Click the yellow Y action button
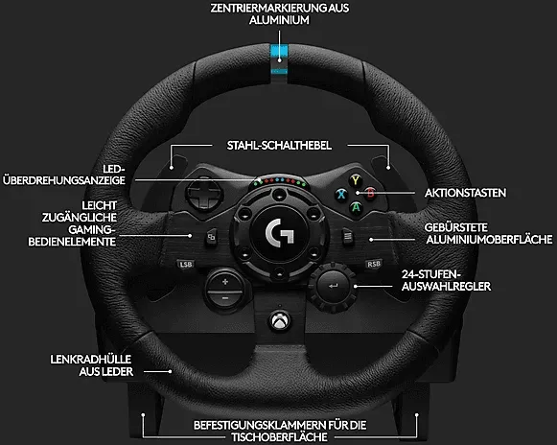tap(355, 180)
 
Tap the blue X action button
tap(341, 194)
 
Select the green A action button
tap(356, 207)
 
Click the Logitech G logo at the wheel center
tap(280, 233)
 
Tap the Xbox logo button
tap(280, 321)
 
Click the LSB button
tap(186, 264)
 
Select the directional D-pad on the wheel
tap(204, 194)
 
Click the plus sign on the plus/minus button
tap(225, 282)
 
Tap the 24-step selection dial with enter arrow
tap(333, 286)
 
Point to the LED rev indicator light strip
tap(279, 181)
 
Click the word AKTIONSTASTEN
tap(465, 193)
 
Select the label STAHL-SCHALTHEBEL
tap(279, 146)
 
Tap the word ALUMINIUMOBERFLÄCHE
tap(490, 240)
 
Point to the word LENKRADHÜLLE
tap(90, 360)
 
